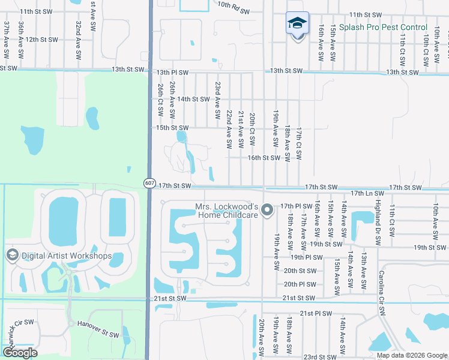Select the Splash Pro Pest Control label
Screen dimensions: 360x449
[x=383, y=27]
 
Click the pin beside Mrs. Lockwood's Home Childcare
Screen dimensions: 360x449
[x=268, y=210]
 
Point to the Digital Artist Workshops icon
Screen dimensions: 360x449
[x=11, y=256]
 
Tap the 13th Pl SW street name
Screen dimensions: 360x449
[x=172, y=72]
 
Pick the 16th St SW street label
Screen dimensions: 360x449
[x=264, y=158]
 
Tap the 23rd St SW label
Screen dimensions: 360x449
[x=319, y=356]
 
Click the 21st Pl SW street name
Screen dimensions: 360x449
[x=316, y=313]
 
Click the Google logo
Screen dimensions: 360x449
[x=20, y=353]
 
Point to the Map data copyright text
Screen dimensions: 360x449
[x=412, y=355]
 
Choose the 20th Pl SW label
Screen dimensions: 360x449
[x=300, y=284]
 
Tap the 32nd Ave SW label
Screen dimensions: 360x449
[x=78, y=40]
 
